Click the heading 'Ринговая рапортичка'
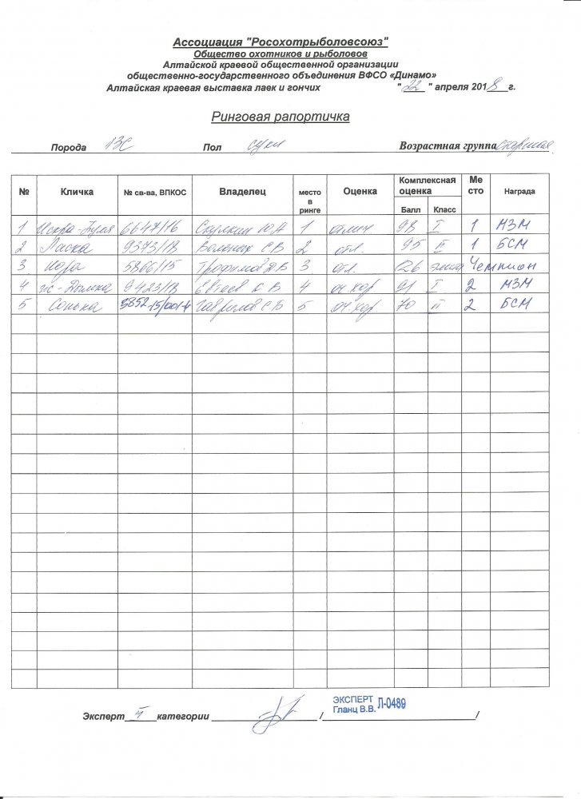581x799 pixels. (x=281, y=117)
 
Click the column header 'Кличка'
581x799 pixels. (x=77, y=192)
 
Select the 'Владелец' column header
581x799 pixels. (x=243, y=192)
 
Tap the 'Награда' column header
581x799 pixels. (x=519, y=193)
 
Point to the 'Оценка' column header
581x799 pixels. (x=360, y=192)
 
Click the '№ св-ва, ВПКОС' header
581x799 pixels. (x=154, y=193)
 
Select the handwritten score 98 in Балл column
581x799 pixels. (x=407, y=226)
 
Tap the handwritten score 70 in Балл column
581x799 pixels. (x=408, y=305)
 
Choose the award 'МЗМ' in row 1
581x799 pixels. (x=511, y=226)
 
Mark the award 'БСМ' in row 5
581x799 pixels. (x=512, y=305)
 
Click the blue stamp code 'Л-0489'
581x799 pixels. (x=392, y=703)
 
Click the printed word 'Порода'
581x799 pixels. (x=70, y=149)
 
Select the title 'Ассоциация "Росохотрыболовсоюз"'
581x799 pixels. (x=281, y=41)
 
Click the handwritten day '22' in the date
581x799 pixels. (x=413, y=87)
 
